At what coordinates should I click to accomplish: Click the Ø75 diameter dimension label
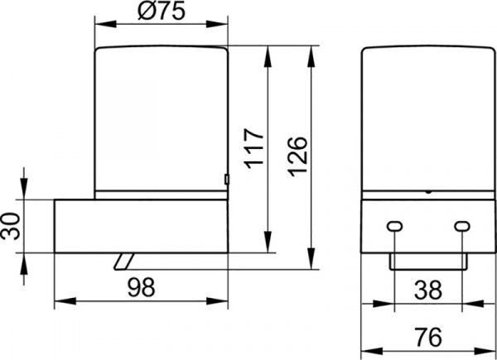click(x=161, y=12)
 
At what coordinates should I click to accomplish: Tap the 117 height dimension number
click(x=255, y=148)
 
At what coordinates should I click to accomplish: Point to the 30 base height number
click(x=10, y=226)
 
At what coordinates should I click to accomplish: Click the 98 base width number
click(x=142, y=287)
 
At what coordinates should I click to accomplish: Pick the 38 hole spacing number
click(x=428, y=290)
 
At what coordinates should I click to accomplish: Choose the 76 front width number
click(x=428, y=337)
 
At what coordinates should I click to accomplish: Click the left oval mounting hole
click(x=394, y=226)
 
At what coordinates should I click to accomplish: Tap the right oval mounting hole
click(x=462, y=226)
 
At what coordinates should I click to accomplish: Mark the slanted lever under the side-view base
click(x=124, y=262)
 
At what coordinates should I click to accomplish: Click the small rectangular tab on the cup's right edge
click(x=227, y=180)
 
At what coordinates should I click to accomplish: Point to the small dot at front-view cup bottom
click(x=428, y=191)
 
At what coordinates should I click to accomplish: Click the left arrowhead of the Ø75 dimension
click(x=105, y=24)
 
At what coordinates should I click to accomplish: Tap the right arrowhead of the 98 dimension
click(x=217, y=301)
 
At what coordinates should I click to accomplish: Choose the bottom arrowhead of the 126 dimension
click(x=311, y=259)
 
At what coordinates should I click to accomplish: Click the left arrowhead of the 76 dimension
click(x=372, y=351)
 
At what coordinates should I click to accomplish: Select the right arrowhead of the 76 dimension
click(x=485, y=351)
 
